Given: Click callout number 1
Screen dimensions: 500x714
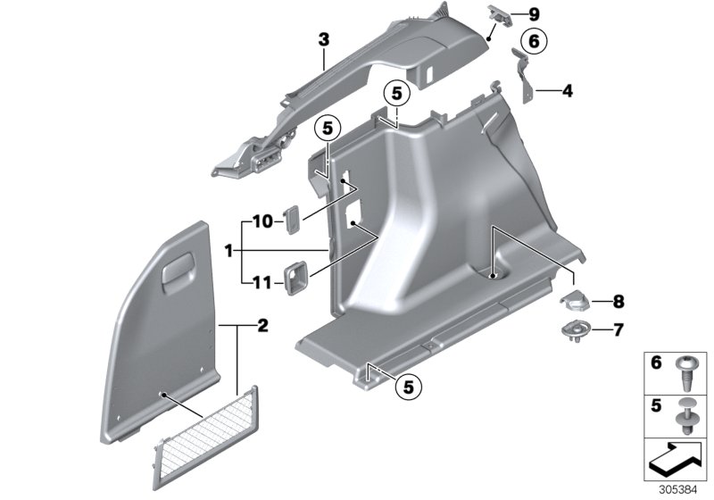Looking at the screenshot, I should pos(228,253).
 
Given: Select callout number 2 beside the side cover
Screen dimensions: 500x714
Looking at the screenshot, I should pos(262,328).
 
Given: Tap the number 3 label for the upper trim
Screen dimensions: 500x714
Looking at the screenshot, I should pos(323,40).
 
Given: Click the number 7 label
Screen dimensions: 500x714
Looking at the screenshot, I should pos(617,330).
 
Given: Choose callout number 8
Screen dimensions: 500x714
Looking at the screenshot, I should pos(617,302).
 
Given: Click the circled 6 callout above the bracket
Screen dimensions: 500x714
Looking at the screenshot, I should pos(532,42).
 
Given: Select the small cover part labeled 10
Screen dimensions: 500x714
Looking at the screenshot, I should pos(291,219).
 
